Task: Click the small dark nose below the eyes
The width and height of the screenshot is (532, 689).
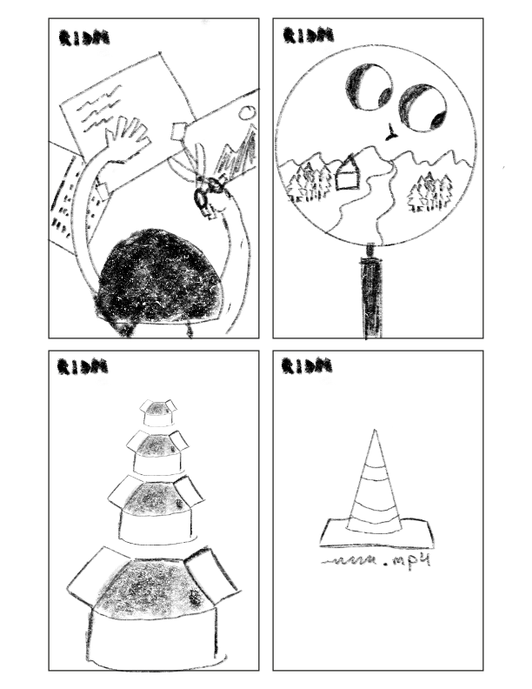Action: [391, 133]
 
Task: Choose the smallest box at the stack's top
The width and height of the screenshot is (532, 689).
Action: [157, 412]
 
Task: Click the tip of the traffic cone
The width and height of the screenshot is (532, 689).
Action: [376, 435]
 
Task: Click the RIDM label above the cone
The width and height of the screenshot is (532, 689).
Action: [306, 366]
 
